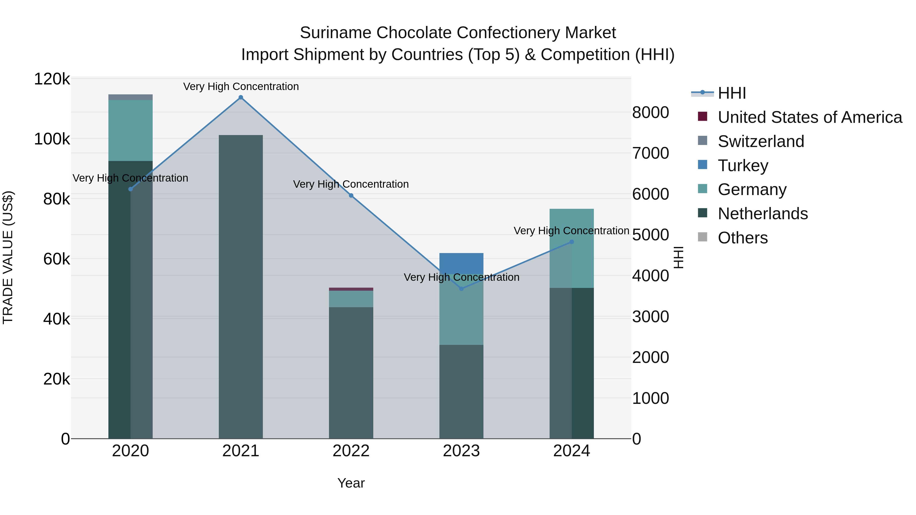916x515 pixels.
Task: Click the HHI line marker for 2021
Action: click(241, 97)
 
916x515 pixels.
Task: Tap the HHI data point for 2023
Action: click(461, 289)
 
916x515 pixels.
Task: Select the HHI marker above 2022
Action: click(351, 196)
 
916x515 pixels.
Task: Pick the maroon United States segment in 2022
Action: click(351, 289)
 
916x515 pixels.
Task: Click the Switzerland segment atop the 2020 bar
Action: click(131, 97)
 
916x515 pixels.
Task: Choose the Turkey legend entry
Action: click(743, 166)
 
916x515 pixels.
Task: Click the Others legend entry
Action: click(742, 238)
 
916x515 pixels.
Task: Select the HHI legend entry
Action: click(732, 93)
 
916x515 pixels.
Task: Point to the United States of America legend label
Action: click(810, 117)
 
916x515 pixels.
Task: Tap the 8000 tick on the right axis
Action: click(650, 112)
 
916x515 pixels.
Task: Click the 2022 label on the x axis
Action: click(351, 451)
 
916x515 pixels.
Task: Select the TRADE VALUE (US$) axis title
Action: click(8, 257)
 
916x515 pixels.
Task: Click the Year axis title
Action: click(351, 483)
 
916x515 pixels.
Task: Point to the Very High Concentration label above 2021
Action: click(241, 86)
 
